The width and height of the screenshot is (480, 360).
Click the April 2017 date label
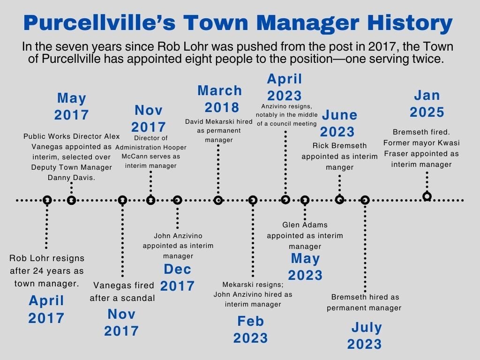(x=46, y=309)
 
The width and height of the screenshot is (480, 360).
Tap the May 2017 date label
(x=71, y=106)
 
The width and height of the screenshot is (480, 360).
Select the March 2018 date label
(x=219, y=98)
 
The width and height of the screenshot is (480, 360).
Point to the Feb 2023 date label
(x=250, y=330)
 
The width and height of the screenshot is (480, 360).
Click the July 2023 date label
(x=365, y=336)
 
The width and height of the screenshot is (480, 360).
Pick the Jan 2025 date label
(x=427, y=104)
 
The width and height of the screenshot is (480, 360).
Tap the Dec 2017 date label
(x=177, y=277)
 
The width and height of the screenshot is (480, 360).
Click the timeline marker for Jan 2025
(x=427, y=196)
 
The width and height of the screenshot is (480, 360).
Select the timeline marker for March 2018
(x=218, y=200)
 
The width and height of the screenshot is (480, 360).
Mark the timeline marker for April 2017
(x=47, y=200)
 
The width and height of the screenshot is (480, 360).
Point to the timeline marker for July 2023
(x=365, y=200)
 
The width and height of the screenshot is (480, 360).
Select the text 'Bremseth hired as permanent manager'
(x=364, y=302)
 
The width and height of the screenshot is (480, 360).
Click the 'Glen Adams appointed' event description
(x=305, y=235)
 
